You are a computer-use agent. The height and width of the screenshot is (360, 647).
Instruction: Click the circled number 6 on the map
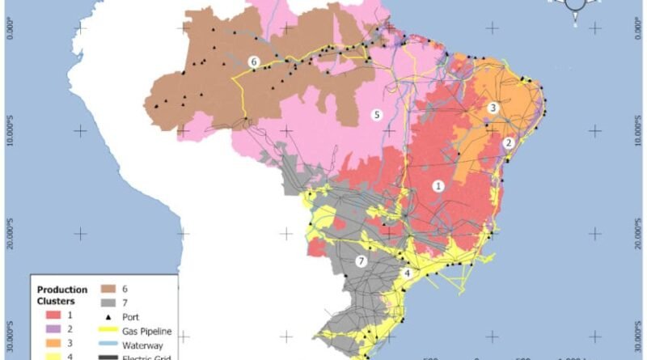[x=254, y=61]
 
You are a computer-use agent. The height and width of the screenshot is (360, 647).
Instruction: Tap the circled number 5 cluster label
[x=376, y=115]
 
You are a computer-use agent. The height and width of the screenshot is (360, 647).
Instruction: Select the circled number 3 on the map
[x=493, y=107]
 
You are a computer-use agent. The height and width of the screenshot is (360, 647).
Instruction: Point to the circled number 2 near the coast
[x=509, y=142]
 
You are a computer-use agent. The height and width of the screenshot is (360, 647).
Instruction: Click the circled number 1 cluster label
[x=438, y=185]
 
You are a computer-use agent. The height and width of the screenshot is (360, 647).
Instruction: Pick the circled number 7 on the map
[x=362, y=260]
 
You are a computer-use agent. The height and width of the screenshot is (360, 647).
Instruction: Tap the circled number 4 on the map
[x=408, y=273]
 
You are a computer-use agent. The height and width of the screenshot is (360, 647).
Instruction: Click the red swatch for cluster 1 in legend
[x=53, y=315]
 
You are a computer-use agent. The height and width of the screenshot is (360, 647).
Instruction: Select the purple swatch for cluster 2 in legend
[x=53, y=329]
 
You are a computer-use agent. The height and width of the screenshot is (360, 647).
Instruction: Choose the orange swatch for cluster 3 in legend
[x=53, y=344]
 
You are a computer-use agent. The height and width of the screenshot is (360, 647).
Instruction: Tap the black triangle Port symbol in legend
[x=108, y=316]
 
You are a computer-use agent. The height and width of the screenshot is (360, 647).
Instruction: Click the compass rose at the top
[x=575, y=6]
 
